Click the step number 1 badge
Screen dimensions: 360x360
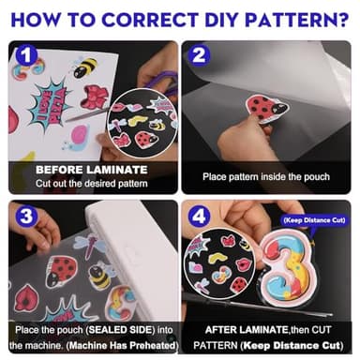[x=26, y=55]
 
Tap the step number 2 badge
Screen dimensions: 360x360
[x=199, y=55]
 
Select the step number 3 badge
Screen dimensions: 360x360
[x=26, y=216]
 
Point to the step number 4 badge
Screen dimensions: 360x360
[x=199, y=216]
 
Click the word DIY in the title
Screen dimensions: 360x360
[x=221, y=20]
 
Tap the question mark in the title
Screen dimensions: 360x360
[x=342, y=20]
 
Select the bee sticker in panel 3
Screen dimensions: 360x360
[x=100, y=275]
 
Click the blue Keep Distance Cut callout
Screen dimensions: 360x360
[x=315, y=220]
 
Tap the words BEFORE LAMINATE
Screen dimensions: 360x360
[x=91, y=170]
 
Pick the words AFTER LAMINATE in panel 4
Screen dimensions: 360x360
[x=246, y=330]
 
